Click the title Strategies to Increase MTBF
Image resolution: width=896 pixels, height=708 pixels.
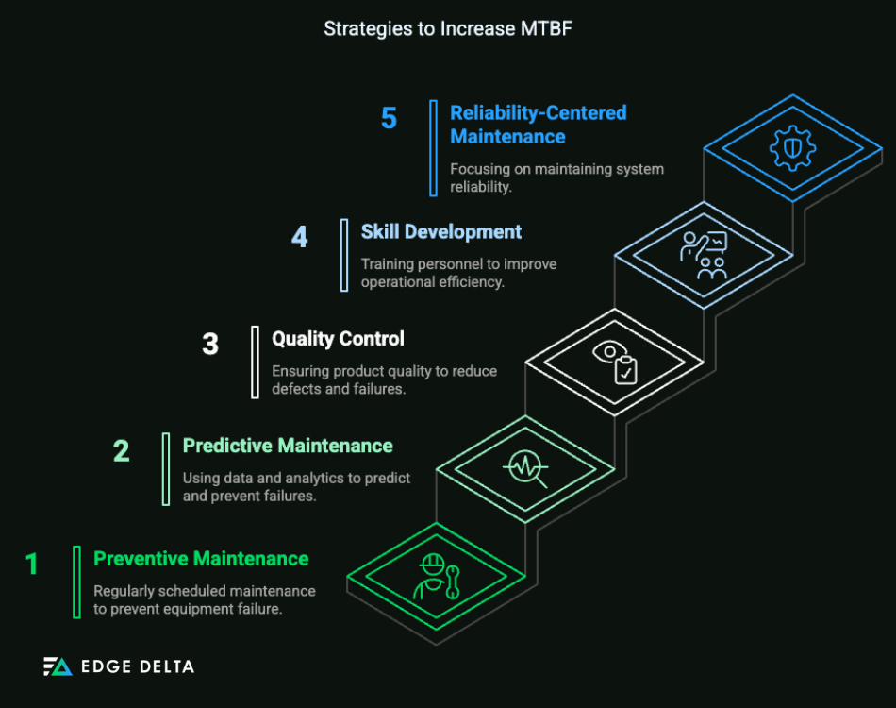448,28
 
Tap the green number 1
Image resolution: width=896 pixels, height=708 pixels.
32,565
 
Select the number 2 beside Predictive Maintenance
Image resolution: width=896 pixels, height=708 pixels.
121,451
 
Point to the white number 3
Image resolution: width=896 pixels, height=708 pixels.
209,345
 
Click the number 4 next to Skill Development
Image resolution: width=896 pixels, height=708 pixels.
299,237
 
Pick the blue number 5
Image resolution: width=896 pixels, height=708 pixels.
389,119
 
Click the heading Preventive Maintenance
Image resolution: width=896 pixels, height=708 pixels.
201,559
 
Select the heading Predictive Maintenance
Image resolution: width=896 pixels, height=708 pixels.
288,446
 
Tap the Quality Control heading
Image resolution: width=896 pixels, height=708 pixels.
338,338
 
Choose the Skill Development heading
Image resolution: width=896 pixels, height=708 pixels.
440,231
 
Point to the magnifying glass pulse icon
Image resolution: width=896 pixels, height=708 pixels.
524,468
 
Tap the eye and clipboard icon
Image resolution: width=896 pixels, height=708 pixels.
614,362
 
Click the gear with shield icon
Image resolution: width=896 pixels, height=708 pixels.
792,147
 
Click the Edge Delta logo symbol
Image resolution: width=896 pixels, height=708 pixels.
58,666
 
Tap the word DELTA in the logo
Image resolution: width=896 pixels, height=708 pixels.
167,666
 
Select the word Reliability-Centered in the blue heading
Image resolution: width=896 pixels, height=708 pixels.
538,113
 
